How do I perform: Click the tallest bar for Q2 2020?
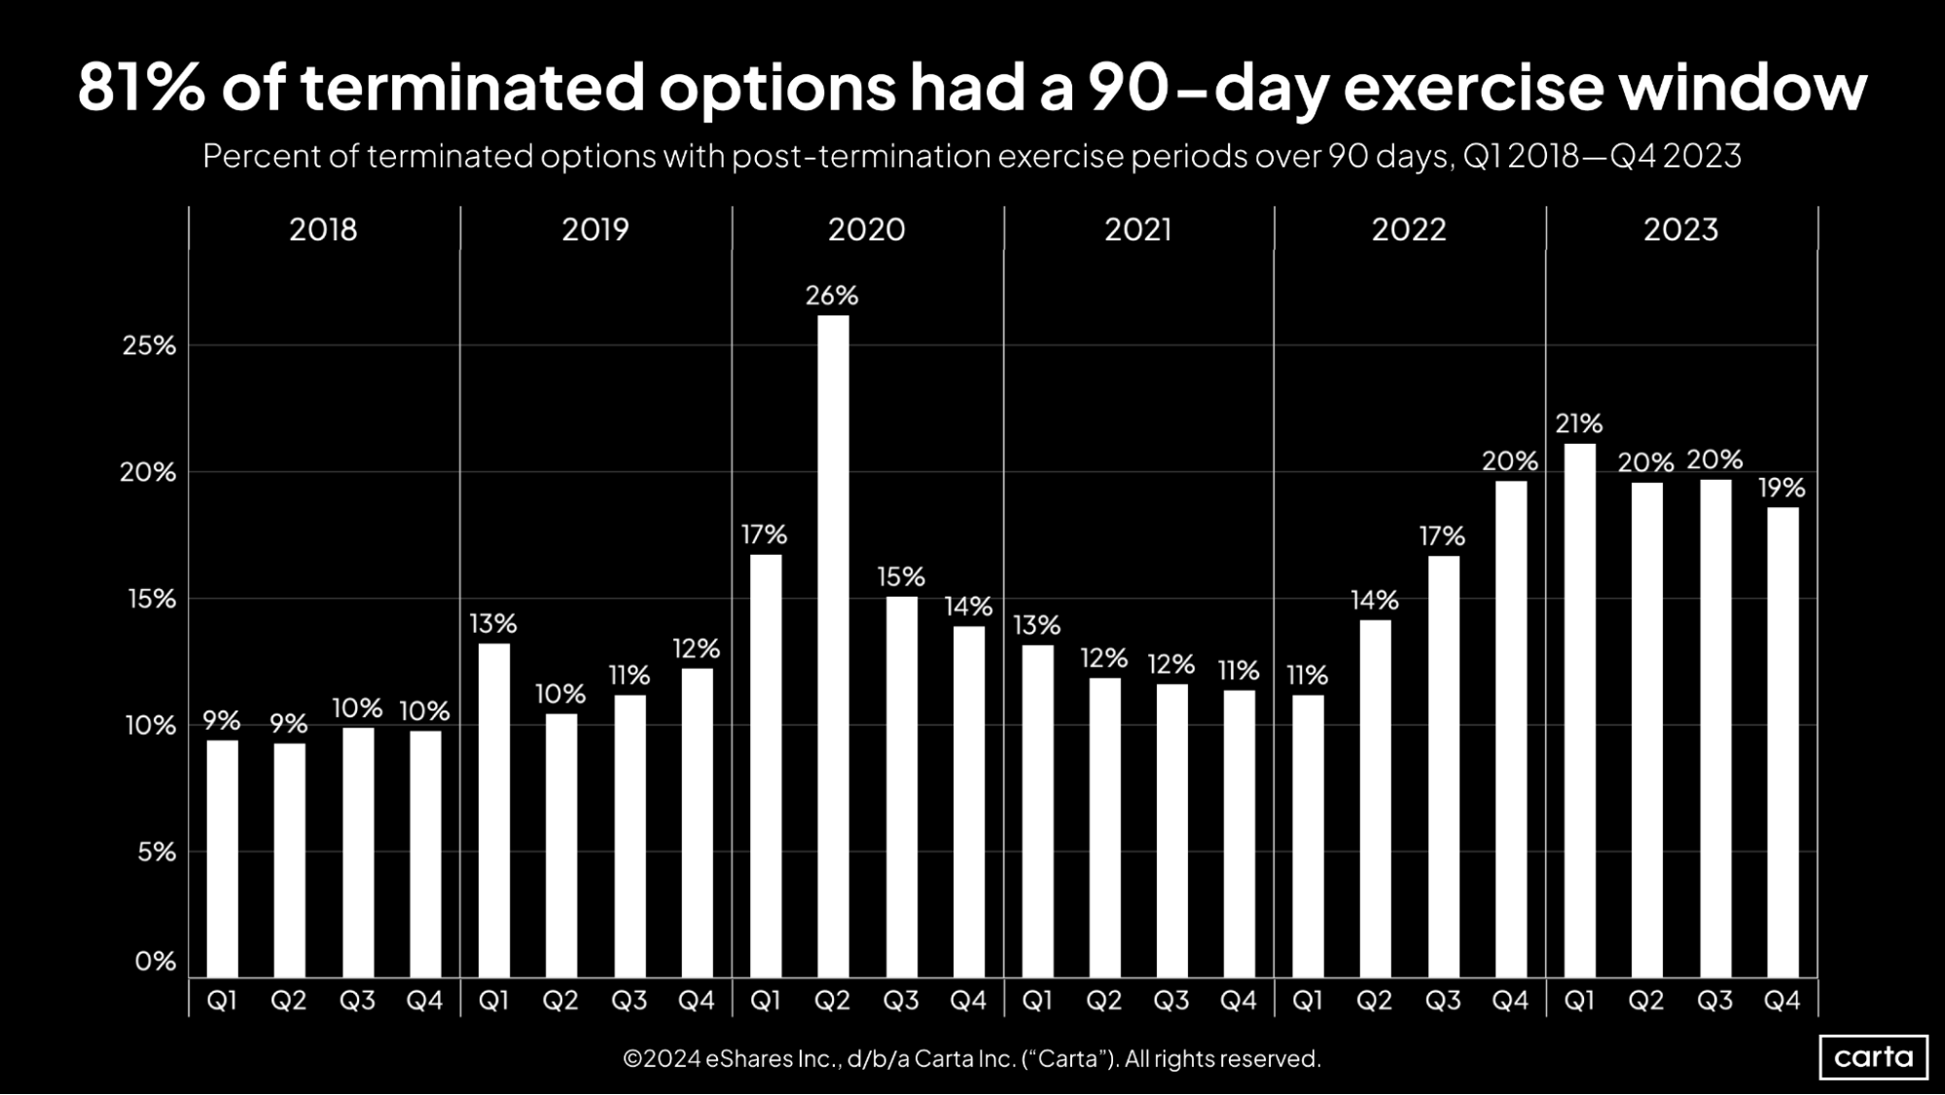pos(833,646)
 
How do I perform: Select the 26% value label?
pos(832,296)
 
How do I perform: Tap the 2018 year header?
pos(323,230)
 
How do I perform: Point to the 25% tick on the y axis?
pos(150,346)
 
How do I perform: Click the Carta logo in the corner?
pos(1873,1057)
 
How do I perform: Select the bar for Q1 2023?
pos(1579,711)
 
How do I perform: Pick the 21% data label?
pos(1578,424)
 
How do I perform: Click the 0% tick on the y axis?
pos(156,962)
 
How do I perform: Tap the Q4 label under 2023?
pos(1782,1001)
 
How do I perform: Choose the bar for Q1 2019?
pos(493,810)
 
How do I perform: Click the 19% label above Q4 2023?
pos(1782,488)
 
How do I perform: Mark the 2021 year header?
pos(1138,230)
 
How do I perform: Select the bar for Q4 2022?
pos(1510,729)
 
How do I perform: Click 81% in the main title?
pos(142,88)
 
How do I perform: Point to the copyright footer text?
pos(971,1059)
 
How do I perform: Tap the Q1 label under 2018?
pos(222,1001)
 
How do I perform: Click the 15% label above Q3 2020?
pos(900,577)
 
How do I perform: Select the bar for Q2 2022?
pos(1375,798)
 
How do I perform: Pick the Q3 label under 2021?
pos(1171,1001)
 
